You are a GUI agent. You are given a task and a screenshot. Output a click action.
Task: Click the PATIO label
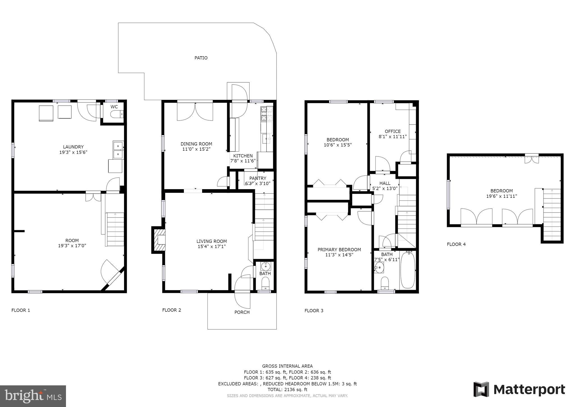pos(201,58)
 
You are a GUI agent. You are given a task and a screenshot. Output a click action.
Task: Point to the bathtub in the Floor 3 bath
pos(408,270)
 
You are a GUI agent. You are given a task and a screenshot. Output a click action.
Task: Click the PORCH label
pos(242,312)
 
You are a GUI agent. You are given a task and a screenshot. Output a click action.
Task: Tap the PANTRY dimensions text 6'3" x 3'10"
pos(258,184)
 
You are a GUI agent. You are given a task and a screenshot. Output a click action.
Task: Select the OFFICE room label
pos(393,131)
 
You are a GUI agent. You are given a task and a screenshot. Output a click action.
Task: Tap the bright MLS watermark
pos(33,396)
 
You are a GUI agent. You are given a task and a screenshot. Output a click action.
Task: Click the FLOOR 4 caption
pos(456,244)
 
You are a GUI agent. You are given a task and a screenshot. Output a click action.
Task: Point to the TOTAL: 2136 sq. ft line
pos(287,390)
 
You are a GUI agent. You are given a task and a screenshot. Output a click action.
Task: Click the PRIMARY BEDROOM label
pos(339,250)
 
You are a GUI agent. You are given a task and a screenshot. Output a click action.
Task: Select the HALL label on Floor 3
pos(385,183)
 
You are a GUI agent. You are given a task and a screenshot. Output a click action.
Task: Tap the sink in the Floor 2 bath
pos(265,266)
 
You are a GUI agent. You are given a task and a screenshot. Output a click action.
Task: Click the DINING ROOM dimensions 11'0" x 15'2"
pos(196,149)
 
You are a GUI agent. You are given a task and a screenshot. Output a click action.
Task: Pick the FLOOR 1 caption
pos(20,310)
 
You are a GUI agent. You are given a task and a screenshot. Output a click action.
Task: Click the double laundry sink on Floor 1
pos(118,150)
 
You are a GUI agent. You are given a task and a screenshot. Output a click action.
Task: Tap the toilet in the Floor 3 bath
pos(384,282)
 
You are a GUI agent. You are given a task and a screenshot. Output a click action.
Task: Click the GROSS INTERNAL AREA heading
pos(287,366)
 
